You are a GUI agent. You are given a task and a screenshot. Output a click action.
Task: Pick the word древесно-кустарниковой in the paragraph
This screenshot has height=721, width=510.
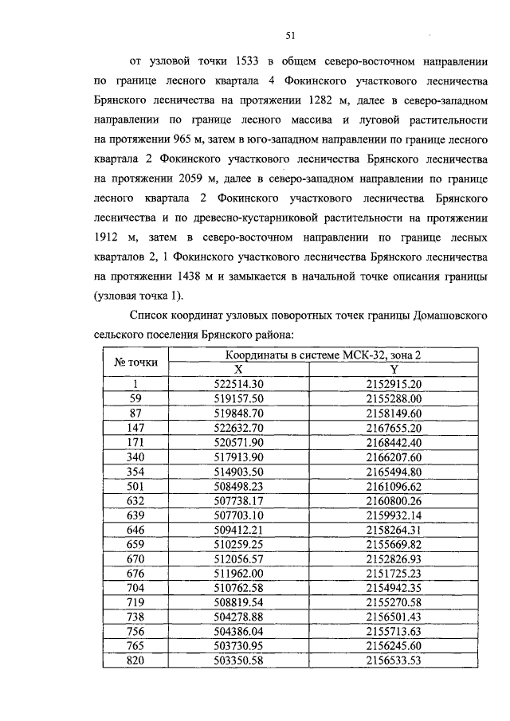click(x=237, y=217)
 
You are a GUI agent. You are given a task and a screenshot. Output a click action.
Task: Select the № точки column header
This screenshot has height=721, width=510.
click(x=136, y=362)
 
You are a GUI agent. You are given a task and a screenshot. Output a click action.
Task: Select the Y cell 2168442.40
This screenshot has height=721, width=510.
click(x=393, y=442)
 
